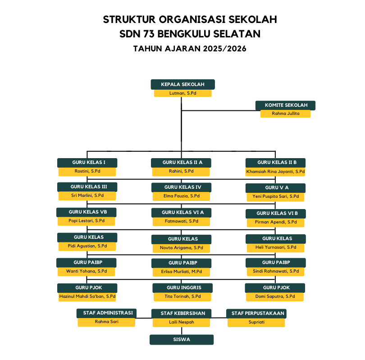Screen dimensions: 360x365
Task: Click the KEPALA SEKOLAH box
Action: pyautogui.click(x=182, y=84)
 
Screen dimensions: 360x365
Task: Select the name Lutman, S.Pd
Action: pyautogui.click(x=182, y=93)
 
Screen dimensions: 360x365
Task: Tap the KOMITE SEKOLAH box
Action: pyautogui.click(x=285, y=105)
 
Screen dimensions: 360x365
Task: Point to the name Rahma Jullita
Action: pyautogui.click(x=285, y=114)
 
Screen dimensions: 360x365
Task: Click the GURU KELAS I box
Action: pyautogui.click(x=87, y=163)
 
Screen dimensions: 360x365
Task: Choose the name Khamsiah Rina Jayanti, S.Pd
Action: pyautogui.click(x=275, y=172)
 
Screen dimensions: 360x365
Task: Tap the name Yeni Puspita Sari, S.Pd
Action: pyautogui.click(x=275, y=197)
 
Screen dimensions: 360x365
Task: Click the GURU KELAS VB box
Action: pyautogui.click(x=87, y=212)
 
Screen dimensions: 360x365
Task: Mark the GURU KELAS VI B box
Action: pyautogui.click(x=275, y=213)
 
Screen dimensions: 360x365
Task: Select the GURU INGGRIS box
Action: pyautogui.click(x=182, y=288)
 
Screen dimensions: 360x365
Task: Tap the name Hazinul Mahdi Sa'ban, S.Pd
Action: pyautogui.click(x=87, y=297)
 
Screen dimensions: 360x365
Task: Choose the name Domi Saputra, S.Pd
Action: pyautogui.click(x=275, y=297)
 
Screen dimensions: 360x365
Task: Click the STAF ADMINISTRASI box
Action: pyautogui.click(x=107, y=313)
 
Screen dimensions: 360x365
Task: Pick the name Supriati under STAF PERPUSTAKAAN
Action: pyautogui.click(x=256, y=322)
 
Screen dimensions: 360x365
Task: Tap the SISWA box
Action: pyautogui.click(x=182, y=340)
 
